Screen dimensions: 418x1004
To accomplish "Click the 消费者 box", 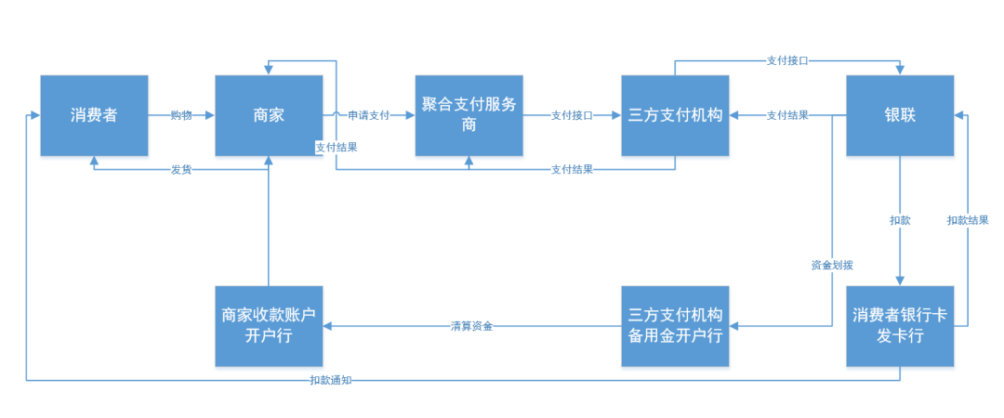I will coord(94,115).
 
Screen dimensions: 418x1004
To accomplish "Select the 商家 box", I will coord(269,115).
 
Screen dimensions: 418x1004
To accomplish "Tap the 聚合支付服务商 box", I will coord(469,115).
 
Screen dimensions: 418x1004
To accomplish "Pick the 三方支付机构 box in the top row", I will coord(676,115).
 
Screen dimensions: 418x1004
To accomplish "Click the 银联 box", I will coord(899,115).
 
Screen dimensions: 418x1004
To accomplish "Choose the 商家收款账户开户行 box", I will coord(269,326).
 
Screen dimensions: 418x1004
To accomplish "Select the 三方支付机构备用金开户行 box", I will coord(676,326).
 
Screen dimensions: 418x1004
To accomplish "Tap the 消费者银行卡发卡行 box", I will coord(899,326).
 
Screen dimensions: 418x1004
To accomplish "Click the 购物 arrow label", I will coord(181,115).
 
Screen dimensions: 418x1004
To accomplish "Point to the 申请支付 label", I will coord(368,115).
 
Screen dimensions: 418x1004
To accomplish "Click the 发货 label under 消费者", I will coord(181,169).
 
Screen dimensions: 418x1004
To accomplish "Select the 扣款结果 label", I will coord(968,220).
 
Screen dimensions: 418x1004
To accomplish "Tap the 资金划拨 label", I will coord(832,265).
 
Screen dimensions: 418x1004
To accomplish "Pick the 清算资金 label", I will coord(471,326).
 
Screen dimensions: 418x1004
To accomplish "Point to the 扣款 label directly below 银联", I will coord(900,220).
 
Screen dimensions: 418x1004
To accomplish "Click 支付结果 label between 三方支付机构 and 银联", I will coord(786,115).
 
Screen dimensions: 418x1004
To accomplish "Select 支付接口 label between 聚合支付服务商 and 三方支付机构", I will coord(572,115).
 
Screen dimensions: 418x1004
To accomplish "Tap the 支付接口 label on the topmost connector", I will coord(786,60).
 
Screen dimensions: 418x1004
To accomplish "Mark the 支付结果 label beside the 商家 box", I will coord(337,147).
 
